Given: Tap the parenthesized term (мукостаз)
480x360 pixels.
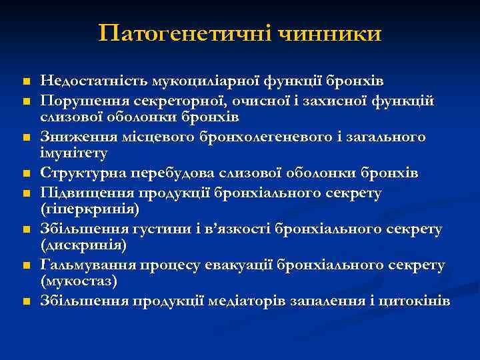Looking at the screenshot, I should click(78, 282).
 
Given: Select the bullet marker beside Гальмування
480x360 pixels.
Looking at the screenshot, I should click(25, 266).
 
